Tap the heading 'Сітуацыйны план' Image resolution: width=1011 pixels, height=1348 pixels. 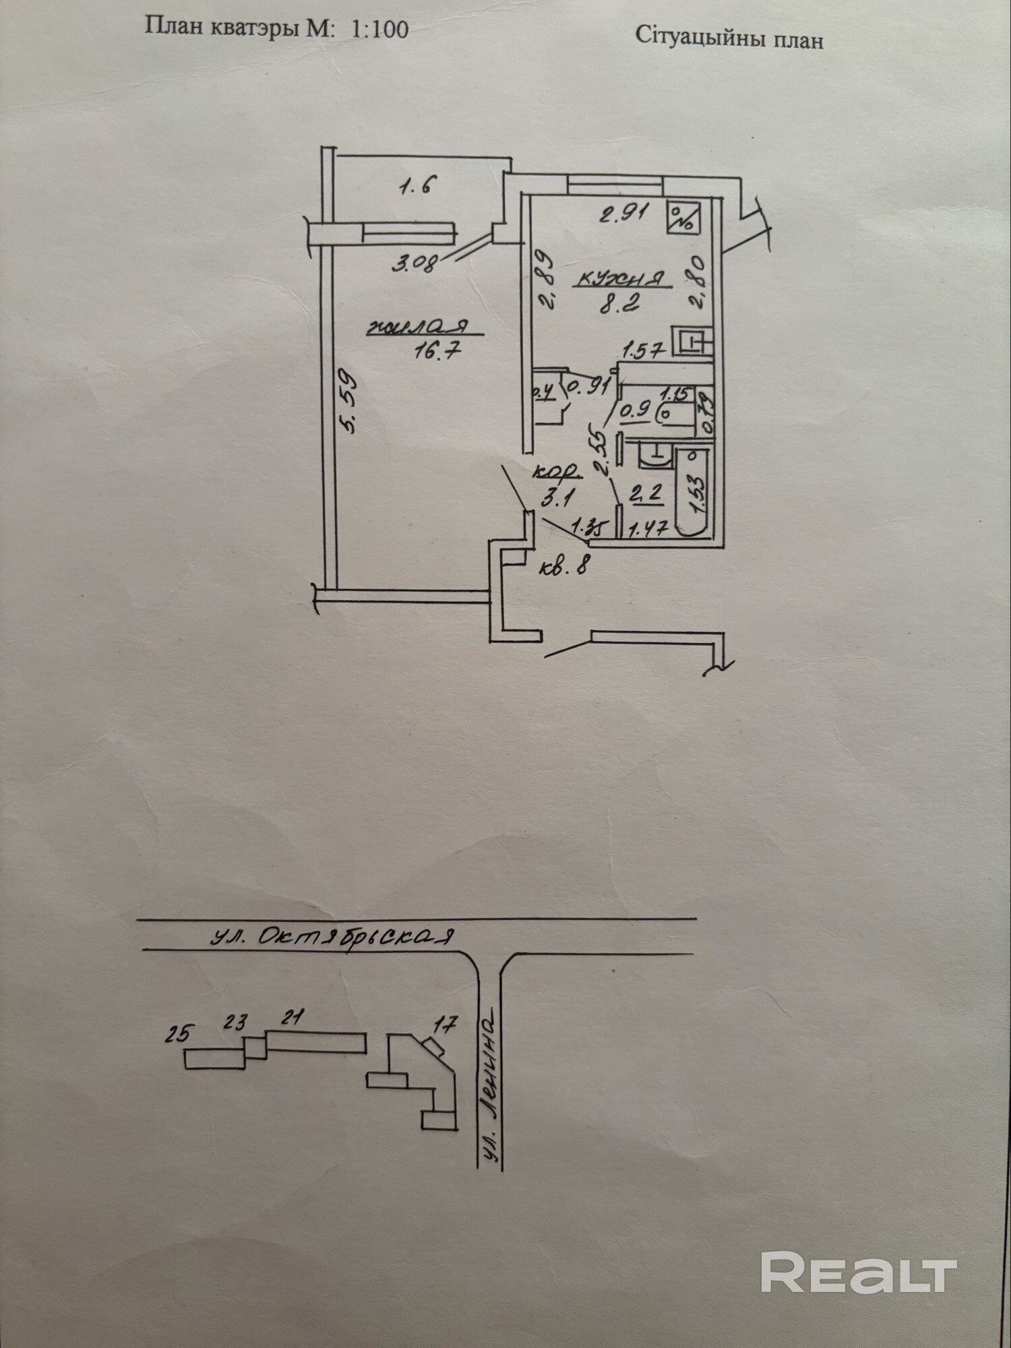[729, 39]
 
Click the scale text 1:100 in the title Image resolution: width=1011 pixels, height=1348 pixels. [379, 30]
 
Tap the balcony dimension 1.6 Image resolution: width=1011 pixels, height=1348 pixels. [416, 185]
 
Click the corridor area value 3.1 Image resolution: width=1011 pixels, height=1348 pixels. [557, 499]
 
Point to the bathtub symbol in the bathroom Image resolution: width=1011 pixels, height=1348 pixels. [692, 492]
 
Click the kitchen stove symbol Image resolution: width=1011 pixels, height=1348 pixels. [685, 218]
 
